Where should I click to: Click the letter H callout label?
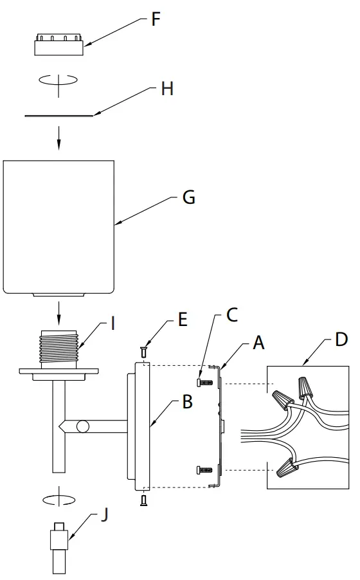(x=167, y=89)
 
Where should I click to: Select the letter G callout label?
(x=188, y=197)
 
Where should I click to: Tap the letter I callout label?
(x=113, y=323)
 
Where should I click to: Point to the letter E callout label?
(x=183, y=320)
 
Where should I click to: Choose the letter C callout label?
(x=232, y=315)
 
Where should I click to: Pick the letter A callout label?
(x=258, y=343)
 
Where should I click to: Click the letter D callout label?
(x=342, y=339)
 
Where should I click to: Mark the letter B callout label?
(x=187, y=402)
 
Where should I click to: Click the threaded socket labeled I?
(x=59, y=350)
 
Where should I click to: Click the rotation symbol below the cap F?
(x=59, y=80)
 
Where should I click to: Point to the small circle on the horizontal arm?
(x=81, y=426)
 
